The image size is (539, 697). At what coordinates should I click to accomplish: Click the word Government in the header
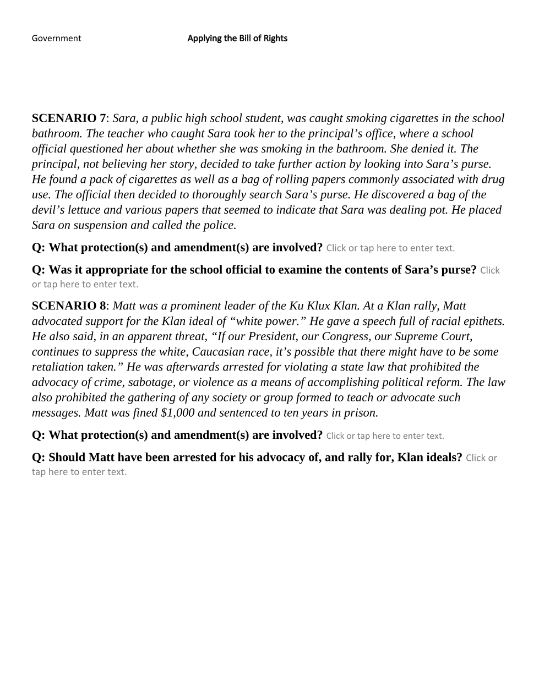[56, 38]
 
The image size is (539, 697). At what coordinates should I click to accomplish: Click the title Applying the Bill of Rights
[237, 38]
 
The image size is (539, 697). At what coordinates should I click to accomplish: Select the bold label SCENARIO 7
[69, 118]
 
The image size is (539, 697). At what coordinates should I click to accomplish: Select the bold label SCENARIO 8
[69, 306]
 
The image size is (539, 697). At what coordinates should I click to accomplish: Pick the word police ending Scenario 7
[219, 225]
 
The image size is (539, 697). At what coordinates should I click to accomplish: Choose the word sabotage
[149, 382]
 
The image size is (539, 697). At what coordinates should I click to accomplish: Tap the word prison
[361, 413]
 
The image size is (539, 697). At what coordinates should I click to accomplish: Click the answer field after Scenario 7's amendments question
[390, 248]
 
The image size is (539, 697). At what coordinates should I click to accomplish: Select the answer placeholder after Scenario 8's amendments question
[385, 436]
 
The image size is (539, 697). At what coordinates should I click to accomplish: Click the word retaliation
[58, 367]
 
